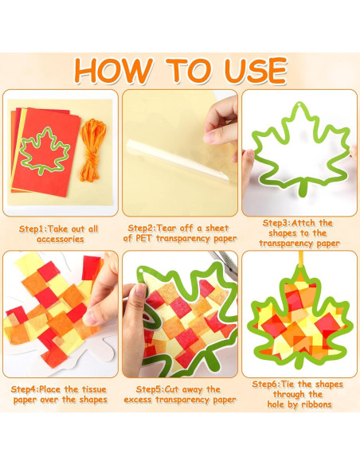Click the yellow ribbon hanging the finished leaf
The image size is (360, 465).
click(x=301, y=263)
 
